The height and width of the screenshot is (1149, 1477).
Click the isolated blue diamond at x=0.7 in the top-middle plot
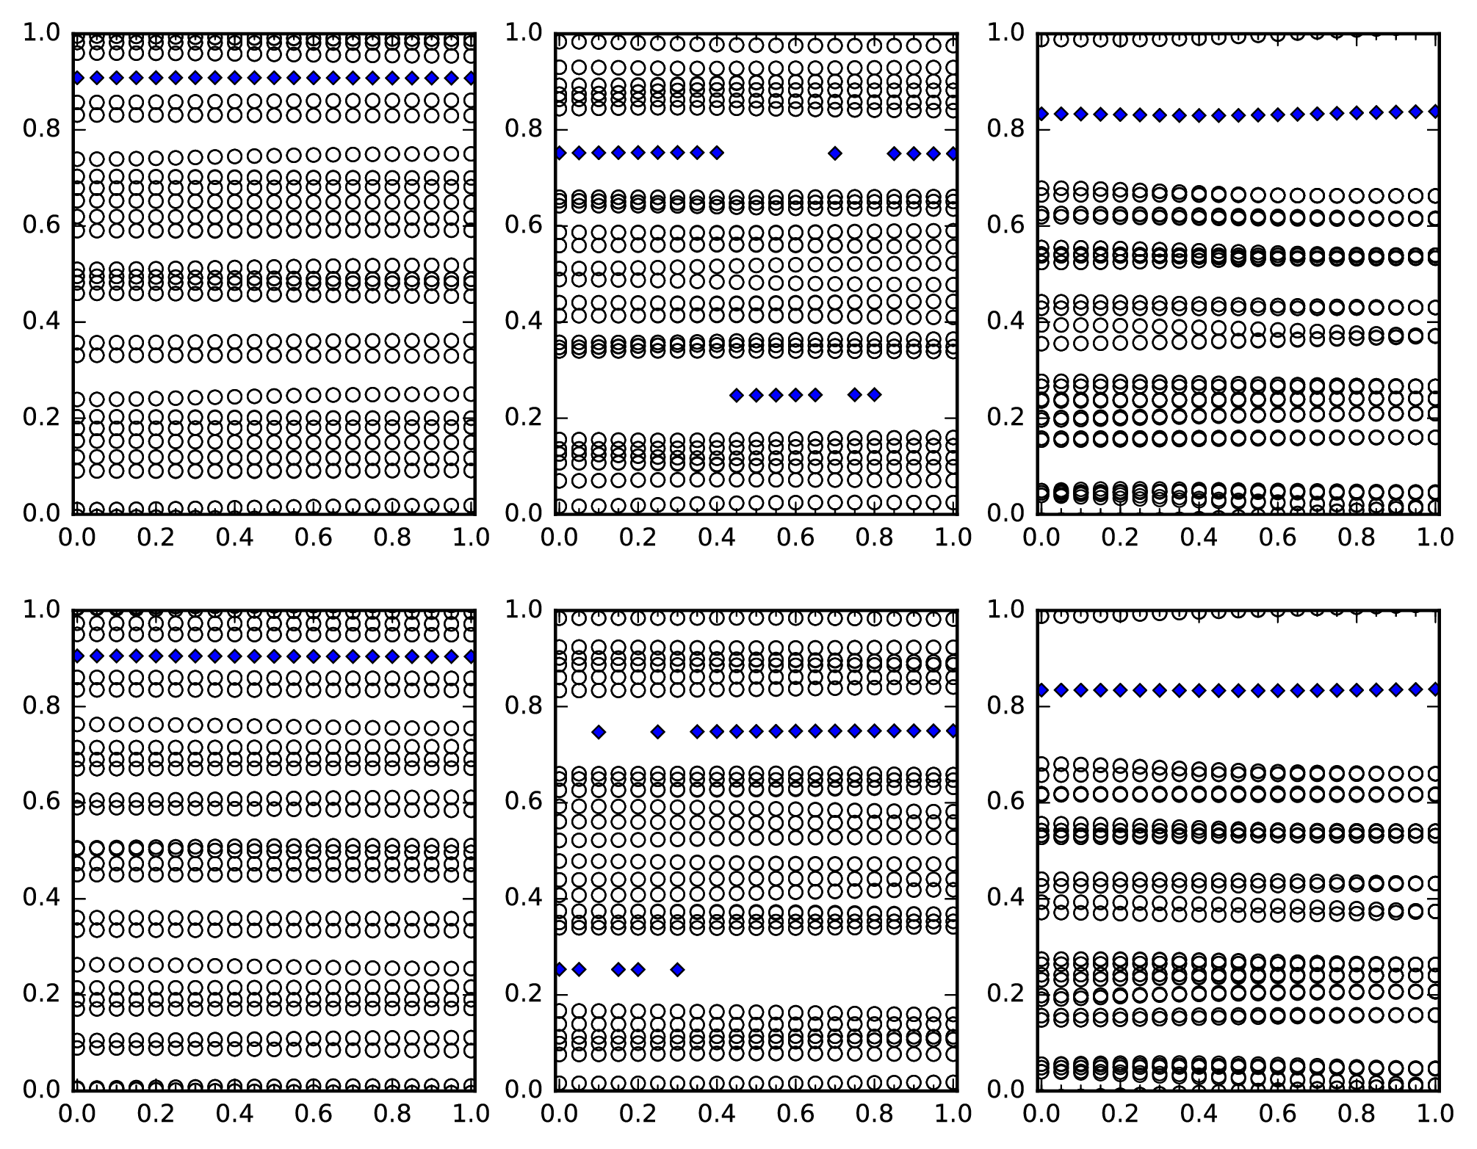834,153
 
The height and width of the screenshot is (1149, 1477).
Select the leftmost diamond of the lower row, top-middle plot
737,395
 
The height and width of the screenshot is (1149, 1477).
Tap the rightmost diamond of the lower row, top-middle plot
874,395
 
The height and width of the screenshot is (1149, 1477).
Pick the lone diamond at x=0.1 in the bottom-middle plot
599,732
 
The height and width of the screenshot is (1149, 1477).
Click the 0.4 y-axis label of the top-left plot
42,322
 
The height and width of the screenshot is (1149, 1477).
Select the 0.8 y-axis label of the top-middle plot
524,129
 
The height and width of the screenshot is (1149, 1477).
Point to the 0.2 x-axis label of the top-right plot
1119,537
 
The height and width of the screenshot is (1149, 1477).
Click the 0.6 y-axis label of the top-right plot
1005,225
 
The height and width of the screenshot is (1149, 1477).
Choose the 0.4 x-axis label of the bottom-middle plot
716,1114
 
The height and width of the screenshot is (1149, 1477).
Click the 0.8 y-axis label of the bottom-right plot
1005,706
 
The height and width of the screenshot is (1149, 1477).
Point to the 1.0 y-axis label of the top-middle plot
524,33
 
